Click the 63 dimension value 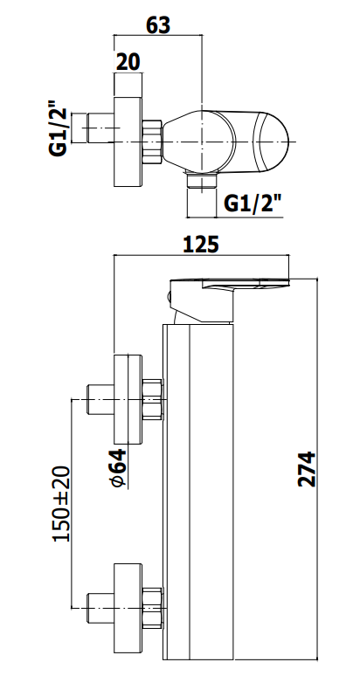click(158, 25)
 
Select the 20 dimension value click(128, 62)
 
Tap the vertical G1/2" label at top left click(59, 128)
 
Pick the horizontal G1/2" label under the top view click(254, 203)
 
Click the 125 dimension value click(201, 245)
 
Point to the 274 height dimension click(307, 469)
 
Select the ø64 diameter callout click(119, 468)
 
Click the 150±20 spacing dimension click(61, 504)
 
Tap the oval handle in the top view click(226, 141)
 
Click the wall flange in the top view click(128, 142)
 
